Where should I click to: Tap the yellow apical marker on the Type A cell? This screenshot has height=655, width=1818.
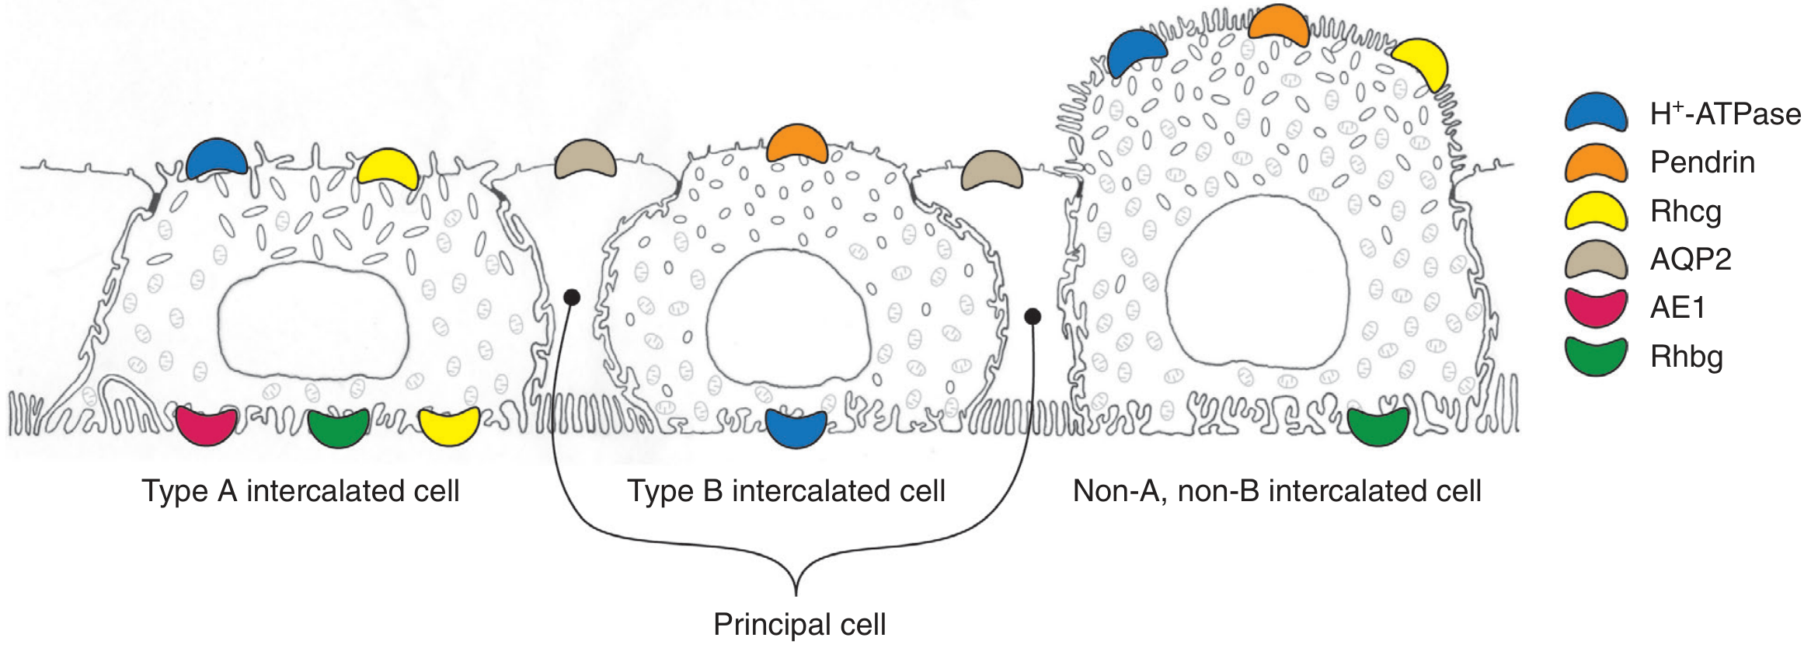coord(388,169)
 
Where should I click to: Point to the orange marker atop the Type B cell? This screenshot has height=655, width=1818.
coord(796,144)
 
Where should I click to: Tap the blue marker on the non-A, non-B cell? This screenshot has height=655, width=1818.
coord(1136,52)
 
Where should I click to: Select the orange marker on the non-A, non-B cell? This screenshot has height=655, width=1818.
coord(1278,25)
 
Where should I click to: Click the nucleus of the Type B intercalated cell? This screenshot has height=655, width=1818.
coord(786,319)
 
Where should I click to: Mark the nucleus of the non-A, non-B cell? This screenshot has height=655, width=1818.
coord(1257,280)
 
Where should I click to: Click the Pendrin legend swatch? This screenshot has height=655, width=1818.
coord(1596,162)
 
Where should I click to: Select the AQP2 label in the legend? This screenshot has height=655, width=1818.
coord(1691,260)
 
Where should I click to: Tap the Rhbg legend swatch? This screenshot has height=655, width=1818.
coord(1596,357)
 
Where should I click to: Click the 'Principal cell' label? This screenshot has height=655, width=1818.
coord(799,625)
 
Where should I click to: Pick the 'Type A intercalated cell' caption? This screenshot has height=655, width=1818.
coord(301,491)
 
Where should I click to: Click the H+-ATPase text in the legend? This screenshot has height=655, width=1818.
coord(1725,114)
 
